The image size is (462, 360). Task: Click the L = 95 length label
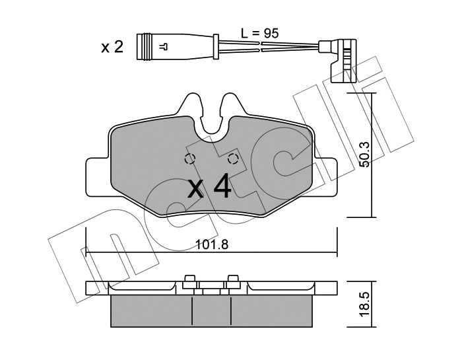pyautogui.click(x=259, y=33)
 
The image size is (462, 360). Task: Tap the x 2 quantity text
pyautogui.click(x=112, y=47)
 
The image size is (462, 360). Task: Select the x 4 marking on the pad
pyautogui.click(x=209, y=186)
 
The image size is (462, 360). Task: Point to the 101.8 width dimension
pyautogui.click(x=212, y=244)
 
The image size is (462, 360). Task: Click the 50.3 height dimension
pyautogui.click(x=366, y=155)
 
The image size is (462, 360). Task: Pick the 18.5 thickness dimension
pyautogui.click(x=365, y=305)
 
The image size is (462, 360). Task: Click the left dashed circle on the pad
pyautogui.click(x=190, y=159)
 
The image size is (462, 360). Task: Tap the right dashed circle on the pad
pyautogui.click(x=234, y=159)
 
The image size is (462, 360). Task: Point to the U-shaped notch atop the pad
pyautogui.click(x=212, y=124)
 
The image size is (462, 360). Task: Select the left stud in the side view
pyautogui.click(x=189, y=281)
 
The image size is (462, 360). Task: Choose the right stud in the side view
pyautogui.click(x=233, y=281)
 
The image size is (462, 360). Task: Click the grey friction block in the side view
pyautogui.click(x=211, y=310)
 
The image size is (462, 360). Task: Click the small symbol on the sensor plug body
pyautogui.click(x=163, y=47)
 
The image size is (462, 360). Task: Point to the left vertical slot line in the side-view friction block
pyautogui.click(x=192, y=311)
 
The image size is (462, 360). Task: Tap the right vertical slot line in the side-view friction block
pyautogui.click(x=231, y=311)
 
